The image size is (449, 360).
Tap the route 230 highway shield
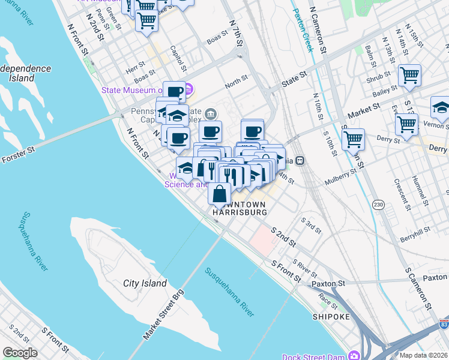(378, 204)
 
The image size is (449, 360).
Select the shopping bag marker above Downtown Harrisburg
(220, 193)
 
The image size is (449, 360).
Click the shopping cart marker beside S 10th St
(353, 139)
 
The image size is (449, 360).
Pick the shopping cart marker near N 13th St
(409, 76)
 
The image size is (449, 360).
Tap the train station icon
(298, 160)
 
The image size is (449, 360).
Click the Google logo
(20, 353)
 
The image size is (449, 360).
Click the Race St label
(328, 297)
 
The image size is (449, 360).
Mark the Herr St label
(136, 67)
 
